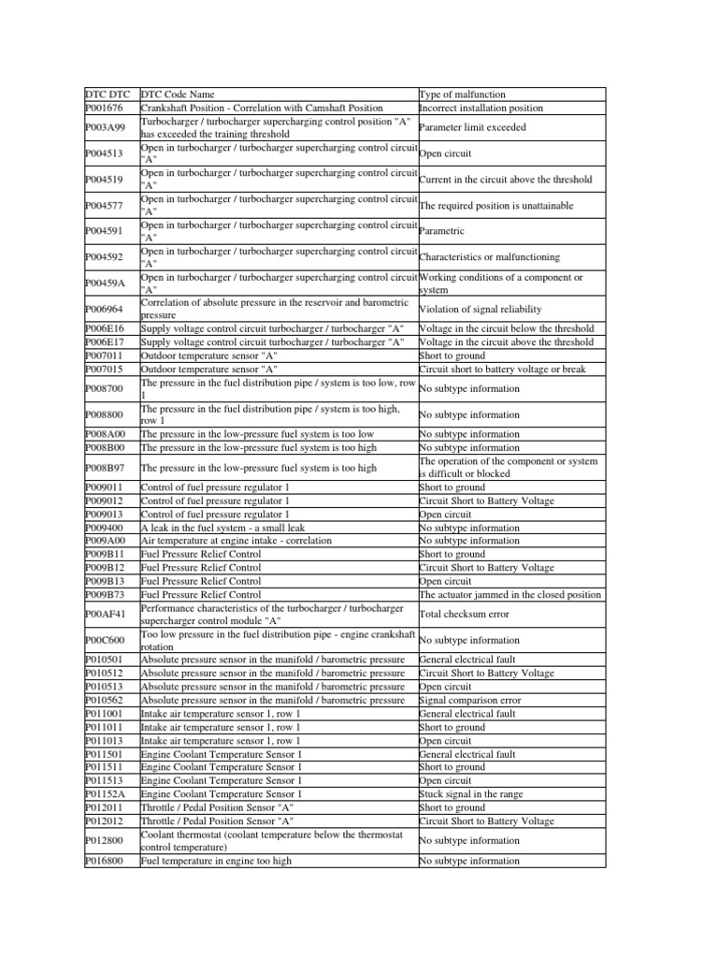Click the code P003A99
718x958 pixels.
106,128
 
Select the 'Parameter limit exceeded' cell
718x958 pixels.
472,128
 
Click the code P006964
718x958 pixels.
106,310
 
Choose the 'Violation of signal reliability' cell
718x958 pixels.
480,310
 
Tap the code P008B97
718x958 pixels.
106,468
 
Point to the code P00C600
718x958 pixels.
106,640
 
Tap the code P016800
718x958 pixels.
105,861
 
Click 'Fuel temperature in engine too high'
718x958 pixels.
216,861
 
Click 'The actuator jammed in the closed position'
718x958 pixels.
510,594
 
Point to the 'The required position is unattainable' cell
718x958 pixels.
496,206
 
